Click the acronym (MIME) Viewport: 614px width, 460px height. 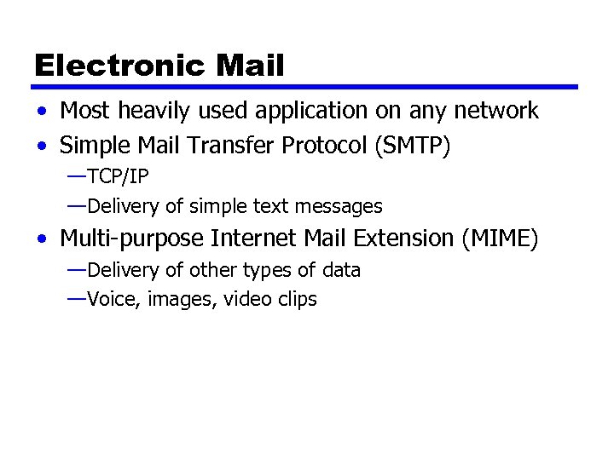(500, 239)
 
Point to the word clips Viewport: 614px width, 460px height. (296, 300)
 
